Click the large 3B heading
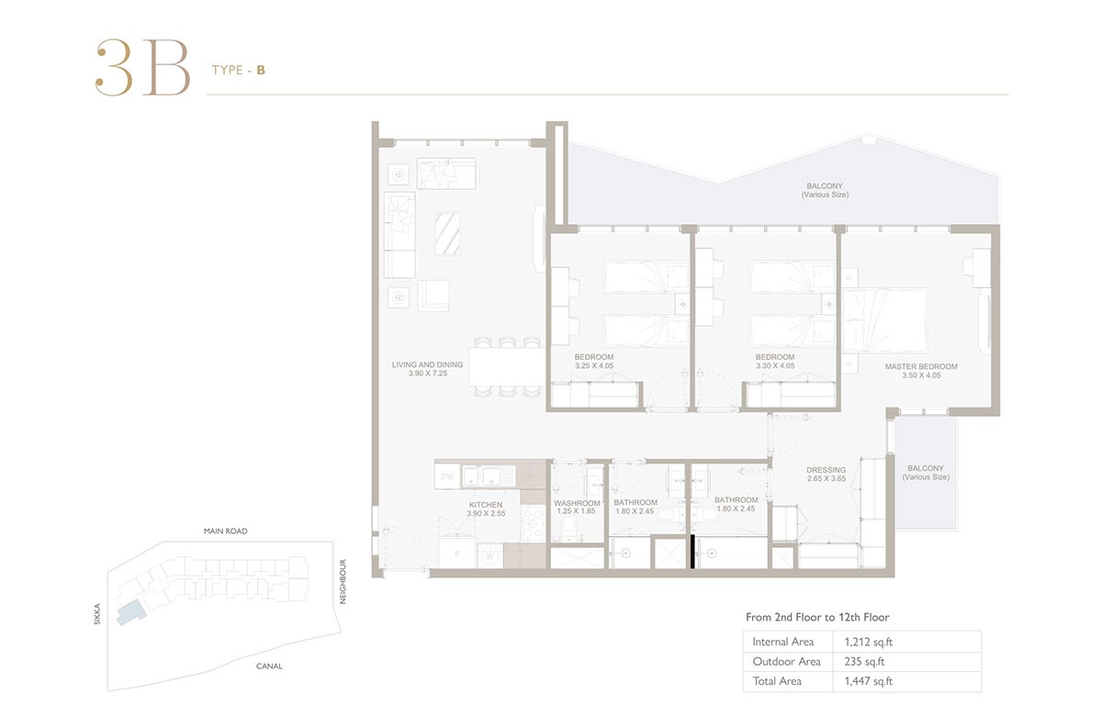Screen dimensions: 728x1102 (142, 68)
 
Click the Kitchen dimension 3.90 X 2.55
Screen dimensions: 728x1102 (486, 514)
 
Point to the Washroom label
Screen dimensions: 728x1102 (577, 503)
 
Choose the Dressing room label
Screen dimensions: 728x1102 (826, 470)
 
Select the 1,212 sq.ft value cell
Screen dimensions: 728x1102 (860, 642)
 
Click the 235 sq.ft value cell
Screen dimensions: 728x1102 (855, 661)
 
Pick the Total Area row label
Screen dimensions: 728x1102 (777, 681)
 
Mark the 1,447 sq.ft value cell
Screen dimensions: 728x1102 (861, 681)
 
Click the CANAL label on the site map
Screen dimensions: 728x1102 (269, 666)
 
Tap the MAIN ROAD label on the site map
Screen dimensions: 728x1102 (225, 532)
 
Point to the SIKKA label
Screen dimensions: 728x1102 (96, 614)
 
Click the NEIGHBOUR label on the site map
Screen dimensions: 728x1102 (343, 581)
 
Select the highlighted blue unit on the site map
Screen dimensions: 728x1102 (130, 611)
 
